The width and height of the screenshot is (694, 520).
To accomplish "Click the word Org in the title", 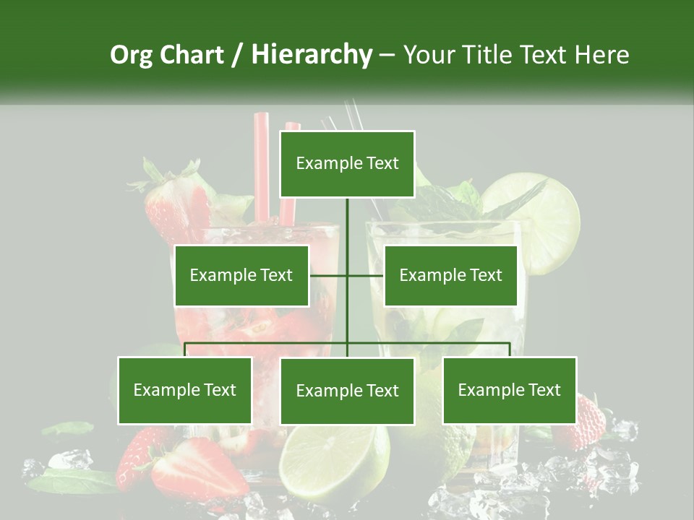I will pyautogui.click(x=132, y=55).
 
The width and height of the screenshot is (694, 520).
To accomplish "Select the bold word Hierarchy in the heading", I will pyautogui.click(x=311, y=55).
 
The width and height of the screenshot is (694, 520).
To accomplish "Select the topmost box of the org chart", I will pyautogui.click(x=347, y=164).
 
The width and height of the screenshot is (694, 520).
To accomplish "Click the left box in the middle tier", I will pyautogui.click(x=241, y=275).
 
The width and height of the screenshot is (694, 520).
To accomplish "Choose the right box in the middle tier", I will pyautogui.click(x=450, y=275).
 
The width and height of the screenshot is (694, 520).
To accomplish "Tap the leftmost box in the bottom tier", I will pyautogui.click(x=185, y=390).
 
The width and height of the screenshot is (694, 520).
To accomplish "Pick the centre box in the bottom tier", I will pyautogui.click(x=347, y=391).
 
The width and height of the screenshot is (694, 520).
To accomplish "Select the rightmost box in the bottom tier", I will pyautogui.click(x=509, y=390).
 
